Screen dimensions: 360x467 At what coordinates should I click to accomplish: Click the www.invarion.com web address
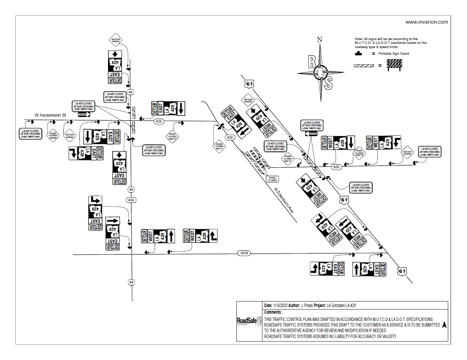tap(427, 22)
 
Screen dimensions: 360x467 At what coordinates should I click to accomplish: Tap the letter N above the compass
tap(319, 40)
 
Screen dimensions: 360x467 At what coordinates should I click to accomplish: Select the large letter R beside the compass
tap(312, 62)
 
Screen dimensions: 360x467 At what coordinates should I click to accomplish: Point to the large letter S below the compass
tap(328, 84)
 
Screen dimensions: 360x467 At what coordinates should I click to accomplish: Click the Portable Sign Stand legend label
tap(393, 54)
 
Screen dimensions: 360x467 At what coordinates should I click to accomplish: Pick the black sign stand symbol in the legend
tap(358, 54)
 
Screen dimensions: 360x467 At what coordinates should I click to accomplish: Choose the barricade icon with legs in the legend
tap(394, 65)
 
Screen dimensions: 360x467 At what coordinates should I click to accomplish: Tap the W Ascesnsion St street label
tap(50, 115)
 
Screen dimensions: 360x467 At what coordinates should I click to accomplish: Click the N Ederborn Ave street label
tap(284, 200)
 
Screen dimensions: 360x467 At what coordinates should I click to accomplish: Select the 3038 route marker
tap(244, 253)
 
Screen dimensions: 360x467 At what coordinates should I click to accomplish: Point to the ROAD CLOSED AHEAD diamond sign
tap(53, 135)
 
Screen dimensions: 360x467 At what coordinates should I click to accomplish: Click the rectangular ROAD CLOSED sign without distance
tap(272, 179)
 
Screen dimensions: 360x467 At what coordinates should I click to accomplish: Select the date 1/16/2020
tap(280, 306)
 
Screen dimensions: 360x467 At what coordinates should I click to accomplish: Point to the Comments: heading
tap(273, 312)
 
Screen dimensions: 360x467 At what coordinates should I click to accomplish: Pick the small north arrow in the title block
tap(444, 325)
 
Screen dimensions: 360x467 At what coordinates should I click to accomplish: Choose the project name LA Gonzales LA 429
tap(341, 306)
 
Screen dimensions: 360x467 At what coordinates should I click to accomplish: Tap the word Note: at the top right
tap(359, 39)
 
